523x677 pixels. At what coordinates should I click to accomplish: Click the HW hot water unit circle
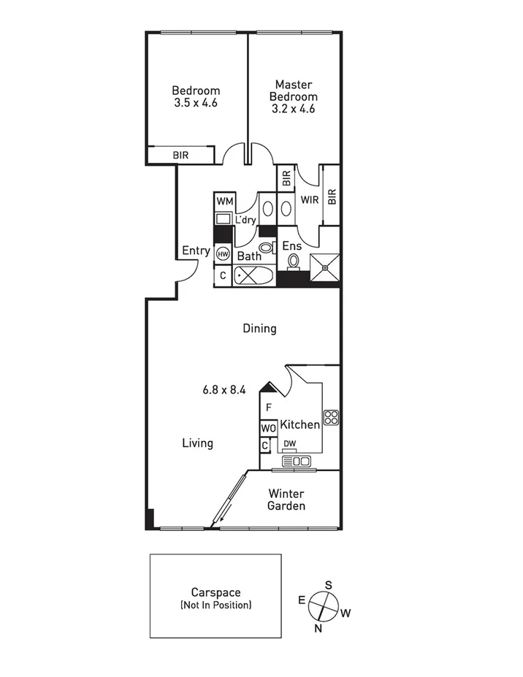[222, 254]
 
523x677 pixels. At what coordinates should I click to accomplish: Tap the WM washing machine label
[224, 201]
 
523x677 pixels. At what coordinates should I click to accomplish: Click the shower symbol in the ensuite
[324, 268]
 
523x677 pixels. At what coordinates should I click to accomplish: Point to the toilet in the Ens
[294, 261]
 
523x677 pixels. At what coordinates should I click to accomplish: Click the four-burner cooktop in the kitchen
[332, 418]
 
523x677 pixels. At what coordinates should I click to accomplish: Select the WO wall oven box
[267, 428]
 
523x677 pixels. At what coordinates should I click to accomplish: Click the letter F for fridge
[269, 408]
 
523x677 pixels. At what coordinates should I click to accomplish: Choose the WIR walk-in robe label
[309, 200]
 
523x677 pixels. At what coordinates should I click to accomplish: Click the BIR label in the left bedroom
[180, 155]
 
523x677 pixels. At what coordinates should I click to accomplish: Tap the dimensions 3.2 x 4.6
[293, 109]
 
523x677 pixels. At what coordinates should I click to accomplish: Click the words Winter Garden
[286, 500]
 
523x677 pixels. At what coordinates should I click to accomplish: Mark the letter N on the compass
[317, 628]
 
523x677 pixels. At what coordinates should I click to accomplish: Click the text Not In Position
[215, 605]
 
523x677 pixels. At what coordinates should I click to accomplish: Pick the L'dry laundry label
[245, 219]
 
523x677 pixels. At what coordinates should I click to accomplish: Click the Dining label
[259, 329]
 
